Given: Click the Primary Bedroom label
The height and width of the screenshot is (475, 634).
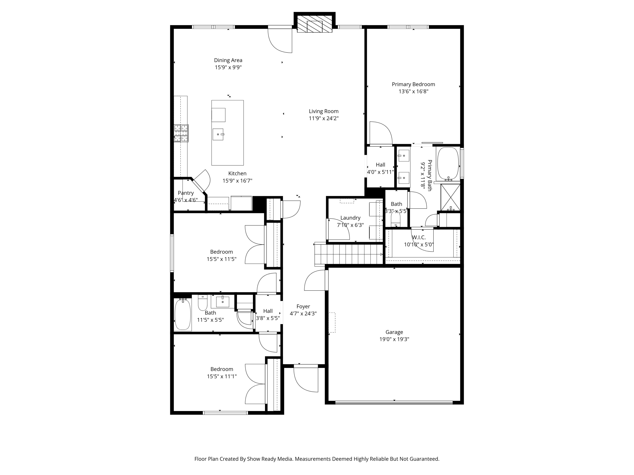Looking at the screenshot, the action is (x=413, y=84).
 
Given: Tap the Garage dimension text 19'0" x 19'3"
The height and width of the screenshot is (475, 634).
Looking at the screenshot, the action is (x=394, y=339).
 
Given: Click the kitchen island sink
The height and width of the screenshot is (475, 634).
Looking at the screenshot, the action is (x=218, y=134).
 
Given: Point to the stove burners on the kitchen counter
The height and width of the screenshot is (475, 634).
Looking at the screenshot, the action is (x=181, y=133).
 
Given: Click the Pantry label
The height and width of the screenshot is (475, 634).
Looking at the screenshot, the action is (x=186, y=193).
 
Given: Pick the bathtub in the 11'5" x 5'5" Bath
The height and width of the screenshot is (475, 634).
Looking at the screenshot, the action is (x=183, y=314).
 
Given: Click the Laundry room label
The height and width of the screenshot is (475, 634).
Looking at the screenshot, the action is (x=350, y=218).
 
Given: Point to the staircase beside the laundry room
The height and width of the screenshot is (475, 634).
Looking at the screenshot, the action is (x=349, y=254).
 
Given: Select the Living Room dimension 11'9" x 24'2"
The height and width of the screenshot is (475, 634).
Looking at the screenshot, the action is (x=324, y=118).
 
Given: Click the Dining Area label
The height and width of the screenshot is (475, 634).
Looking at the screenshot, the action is (x=228, y=60).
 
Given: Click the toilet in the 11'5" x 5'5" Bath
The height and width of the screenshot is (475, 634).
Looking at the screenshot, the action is (x=203, y=303).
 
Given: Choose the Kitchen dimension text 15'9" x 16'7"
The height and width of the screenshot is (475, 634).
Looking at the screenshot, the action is (x=237, y=181).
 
